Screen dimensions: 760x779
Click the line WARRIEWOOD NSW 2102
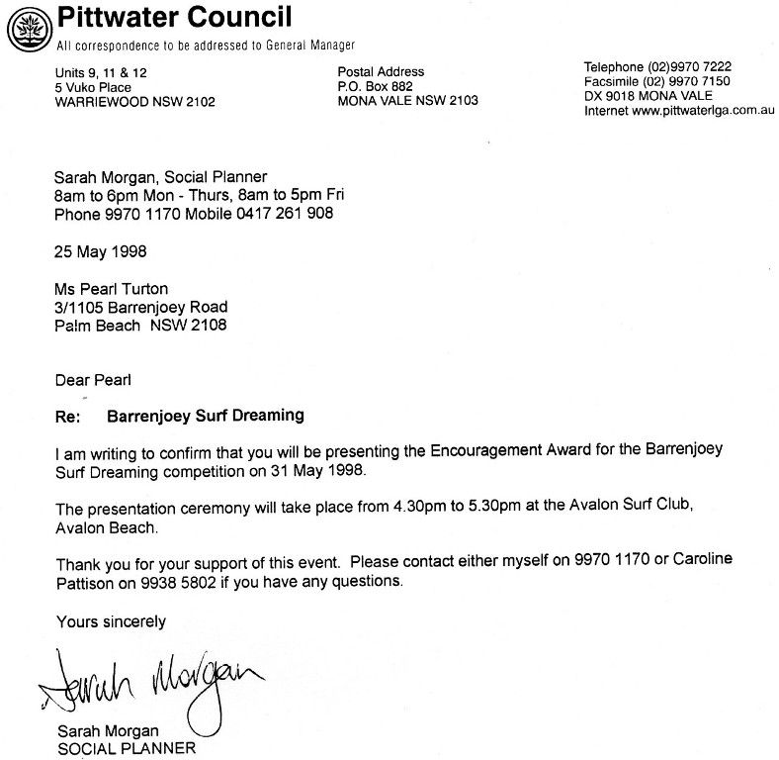coord(135,102)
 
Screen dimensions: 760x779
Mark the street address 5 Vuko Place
coord(94,87)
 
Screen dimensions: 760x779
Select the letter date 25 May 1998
coord(101,250)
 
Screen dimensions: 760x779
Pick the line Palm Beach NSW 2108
coord(140,324)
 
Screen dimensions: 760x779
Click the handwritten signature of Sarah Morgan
coord(148,681)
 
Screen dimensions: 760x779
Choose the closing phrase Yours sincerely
coord(110,621)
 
